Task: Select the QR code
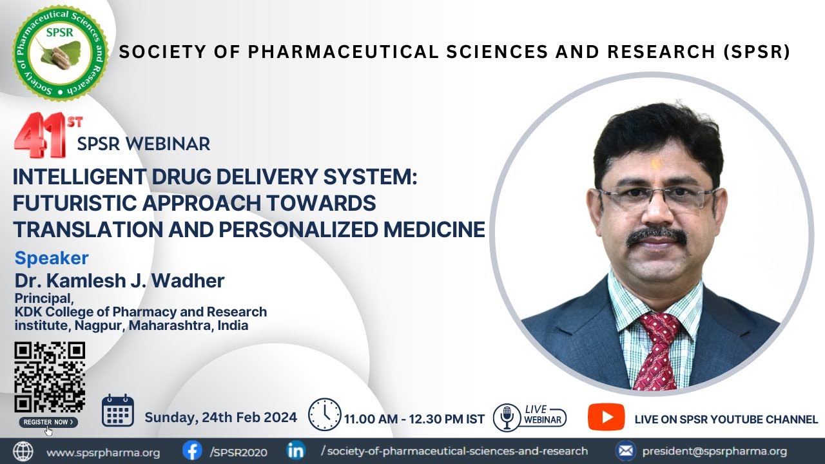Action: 50,377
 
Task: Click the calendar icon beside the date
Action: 118,411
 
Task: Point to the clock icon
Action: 324,414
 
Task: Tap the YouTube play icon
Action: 606,417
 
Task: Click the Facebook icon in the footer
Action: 191,450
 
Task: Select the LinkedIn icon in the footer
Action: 296,450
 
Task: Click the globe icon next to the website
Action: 23,451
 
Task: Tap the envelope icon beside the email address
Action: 625,451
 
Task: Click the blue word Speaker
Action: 52,258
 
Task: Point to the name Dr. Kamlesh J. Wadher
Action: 119,281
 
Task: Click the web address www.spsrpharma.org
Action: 103,452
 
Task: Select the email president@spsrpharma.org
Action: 714,451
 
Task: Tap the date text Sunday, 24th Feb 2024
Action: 220,417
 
